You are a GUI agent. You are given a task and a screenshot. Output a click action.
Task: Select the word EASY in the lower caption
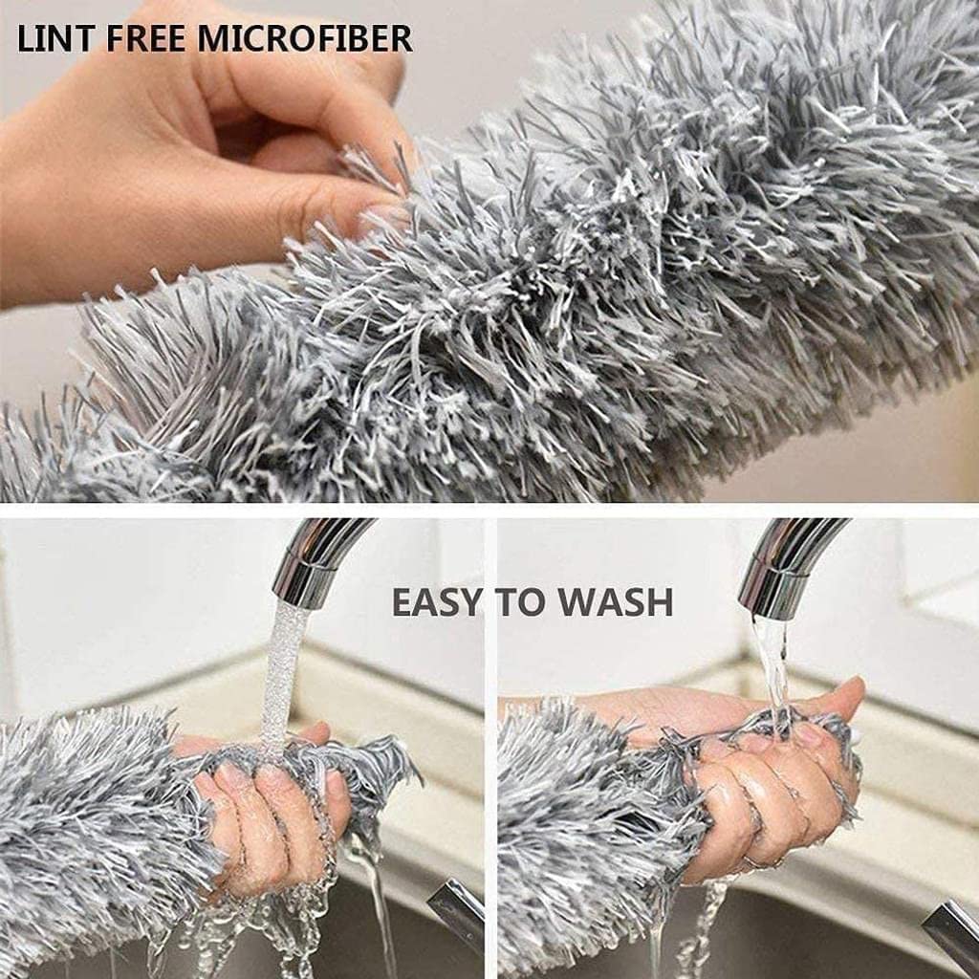(x=438, y=602)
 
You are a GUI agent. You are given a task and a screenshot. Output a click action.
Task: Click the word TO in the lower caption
(x=520, y=602)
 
